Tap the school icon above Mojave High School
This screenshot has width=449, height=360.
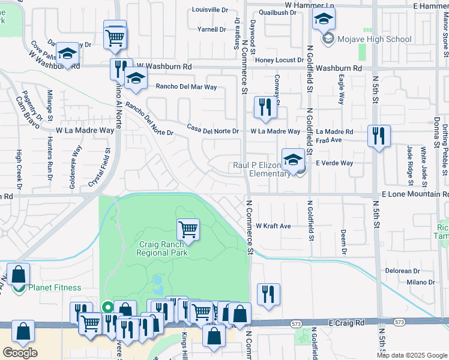point(324,20)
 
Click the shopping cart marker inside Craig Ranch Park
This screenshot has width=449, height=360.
point(188,229)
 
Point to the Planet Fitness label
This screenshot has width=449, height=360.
point(55,287)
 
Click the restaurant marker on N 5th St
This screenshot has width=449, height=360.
point(378,136)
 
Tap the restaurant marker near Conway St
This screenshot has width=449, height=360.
point(264,107)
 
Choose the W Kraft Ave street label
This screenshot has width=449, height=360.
point(273,226)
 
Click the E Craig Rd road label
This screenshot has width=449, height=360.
point(348,323)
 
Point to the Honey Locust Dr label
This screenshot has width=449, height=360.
point(279,60)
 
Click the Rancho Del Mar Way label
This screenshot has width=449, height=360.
point(186,87)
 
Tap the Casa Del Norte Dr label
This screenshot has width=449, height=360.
point(212,129)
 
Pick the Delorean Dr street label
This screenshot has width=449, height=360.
point(402,271)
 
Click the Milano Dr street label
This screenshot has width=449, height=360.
point(420,282)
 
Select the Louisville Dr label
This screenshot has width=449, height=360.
point(210,10)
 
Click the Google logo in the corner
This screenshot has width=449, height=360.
point(20,353)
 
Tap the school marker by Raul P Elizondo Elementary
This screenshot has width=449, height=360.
point(293,160)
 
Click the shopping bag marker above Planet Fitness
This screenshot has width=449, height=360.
point(19,274)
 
